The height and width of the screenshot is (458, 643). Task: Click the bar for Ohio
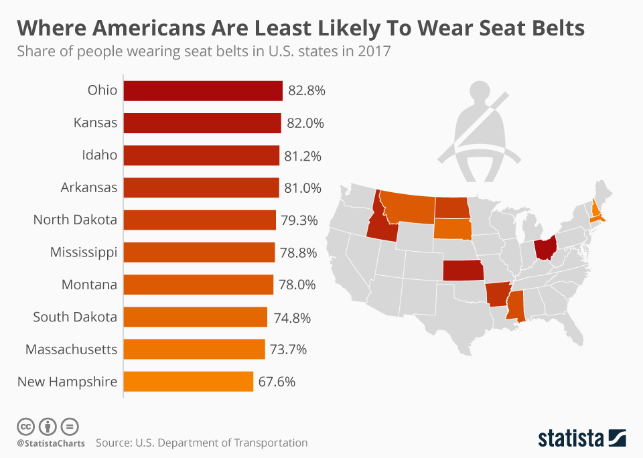point(203,90)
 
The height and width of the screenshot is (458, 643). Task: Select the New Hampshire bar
point(188,382)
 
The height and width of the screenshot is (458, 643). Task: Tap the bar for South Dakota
point(195,317)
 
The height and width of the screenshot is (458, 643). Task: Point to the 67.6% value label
point(277,382)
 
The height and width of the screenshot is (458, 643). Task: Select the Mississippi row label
point(84,252)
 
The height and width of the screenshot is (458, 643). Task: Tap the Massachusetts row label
point(72,350)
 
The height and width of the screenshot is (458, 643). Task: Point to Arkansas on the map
point(495,295)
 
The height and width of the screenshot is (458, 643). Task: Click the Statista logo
point(581,439)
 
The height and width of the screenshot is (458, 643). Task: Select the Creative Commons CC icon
point(25,426)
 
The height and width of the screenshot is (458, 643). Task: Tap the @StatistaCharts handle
point(50,443)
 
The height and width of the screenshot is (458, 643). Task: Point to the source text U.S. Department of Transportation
point(221,443)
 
